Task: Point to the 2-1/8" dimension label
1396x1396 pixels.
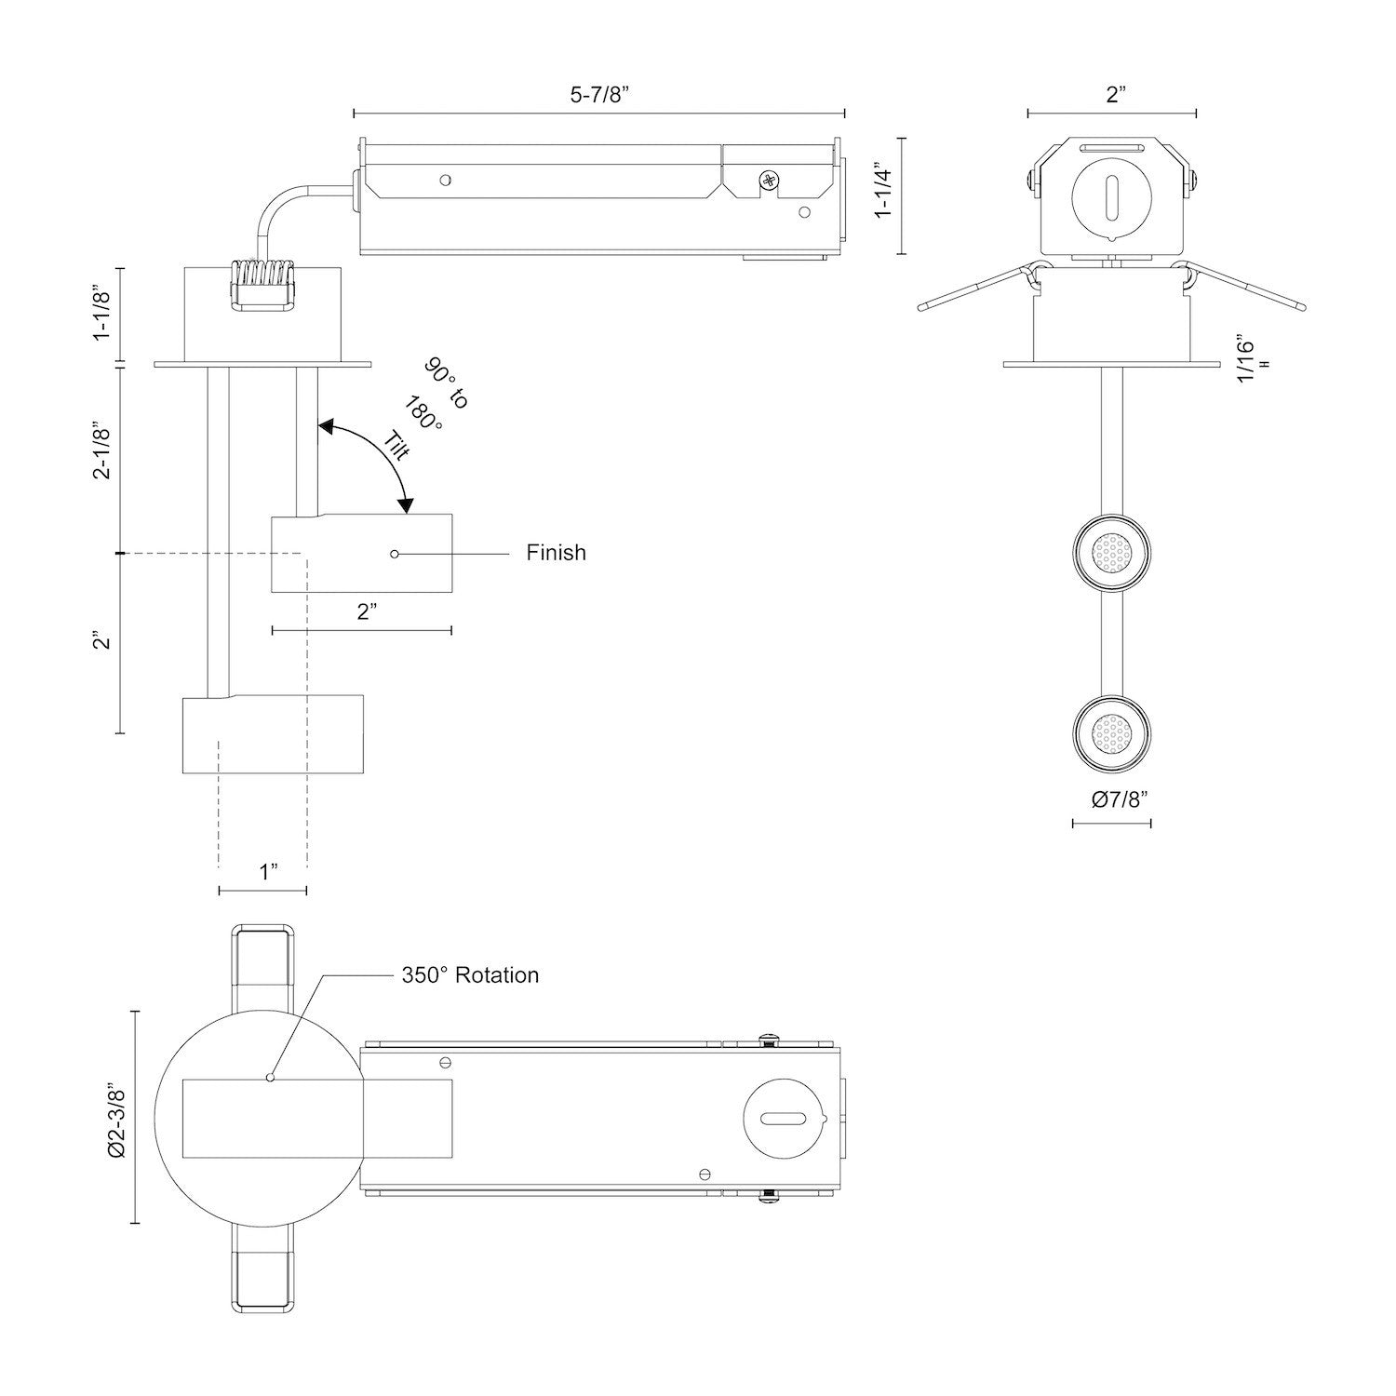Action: [102, 451]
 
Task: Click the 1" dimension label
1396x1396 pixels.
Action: [269, 872]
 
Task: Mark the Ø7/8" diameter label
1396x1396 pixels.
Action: [1113, 799]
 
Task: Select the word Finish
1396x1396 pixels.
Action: [556, 553]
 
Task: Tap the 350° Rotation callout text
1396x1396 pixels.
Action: [470, 975]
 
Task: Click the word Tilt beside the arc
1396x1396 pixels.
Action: [397, 446]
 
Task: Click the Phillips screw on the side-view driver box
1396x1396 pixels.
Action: [769, 181]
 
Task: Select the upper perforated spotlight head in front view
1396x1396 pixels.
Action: [1112, 553]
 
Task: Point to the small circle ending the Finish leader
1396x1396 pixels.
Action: [396, 554]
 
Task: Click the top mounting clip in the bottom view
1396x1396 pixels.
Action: [263, 956]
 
